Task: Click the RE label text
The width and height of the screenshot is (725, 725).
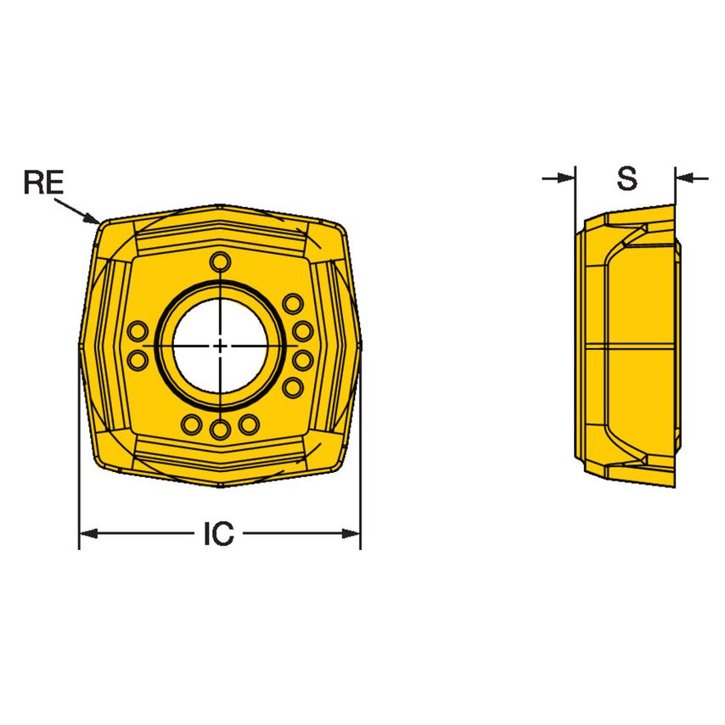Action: [43, 182]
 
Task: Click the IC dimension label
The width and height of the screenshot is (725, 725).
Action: [218, 534]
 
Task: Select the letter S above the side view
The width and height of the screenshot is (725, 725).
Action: [627, 179]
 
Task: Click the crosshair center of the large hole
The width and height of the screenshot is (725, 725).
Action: [220, 346]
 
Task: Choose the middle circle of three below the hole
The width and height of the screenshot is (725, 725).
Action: [220, 430]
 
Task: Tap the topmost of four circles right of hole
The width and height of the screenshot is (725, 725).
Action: [293, 303]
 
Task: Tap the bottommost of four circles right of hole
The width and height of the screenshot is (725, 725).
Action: [293, 388]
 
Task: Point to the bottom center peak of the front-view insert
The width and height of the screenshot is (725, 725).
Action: [220, 486]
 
